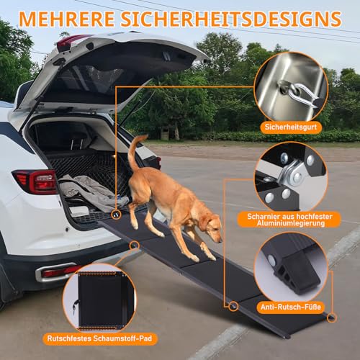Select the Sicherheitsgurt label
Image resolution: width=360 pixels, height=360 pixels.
click(x=292, y=127)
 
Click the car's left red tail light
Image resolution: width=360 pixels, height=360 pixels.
click(x=34, y=181)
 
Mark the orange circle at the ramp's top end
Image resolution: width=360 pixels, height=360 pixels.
click(x=115, y=215)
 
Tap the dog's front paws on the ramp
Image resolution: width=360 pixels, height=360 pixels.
click(x=202, y=256)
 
